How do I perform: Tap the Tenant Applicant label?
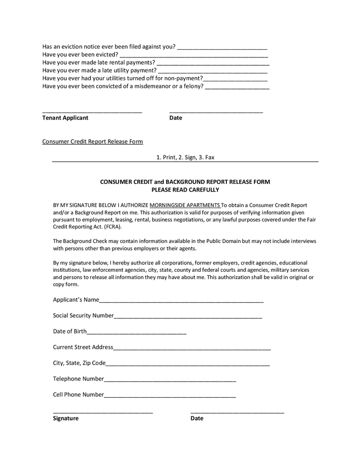[x=65, y=118]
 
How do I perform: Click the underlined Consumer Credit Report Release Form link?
[x=93, y=141]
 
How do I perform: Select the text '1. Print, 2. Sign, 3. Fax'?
[x=185, y=157]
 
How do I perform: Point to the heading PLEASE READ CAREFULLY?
[x=185, y=190]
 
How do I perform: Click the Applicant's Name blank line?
[x=181, y=301]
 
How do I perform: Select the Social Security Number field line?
[x=188, y=316]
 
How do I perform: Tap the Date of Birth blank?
[x=137, y=332]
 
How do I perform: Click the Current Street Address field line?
[x=192, y=348]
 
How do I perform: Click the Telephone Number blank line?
[x=170, y=380]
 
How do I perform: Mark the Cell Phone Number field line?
[x=170, y=396]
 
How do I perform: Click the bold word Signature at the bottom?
[x=66, y=418]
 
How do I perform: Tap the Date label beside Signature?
[x=197, y=418]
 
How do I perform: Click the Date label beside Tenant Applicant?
[x=176, y=118]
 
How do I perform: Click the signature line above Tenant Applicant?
[x=92, y=111]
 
